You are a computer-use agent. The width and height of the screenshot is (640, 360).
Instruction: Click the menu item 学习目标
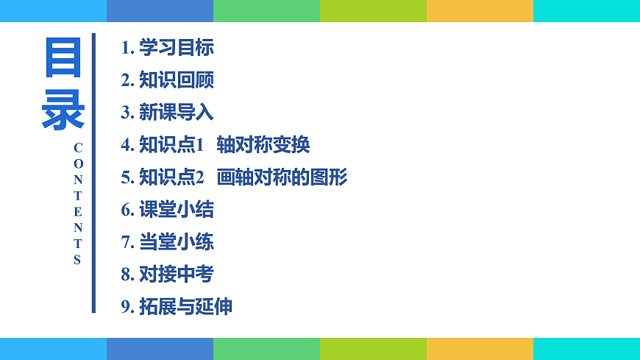177,49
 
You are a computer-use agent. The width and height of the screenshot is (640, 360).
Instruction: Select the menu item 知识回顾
177,80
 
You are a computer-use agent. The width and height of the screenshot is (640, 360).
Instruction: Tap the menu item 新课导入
177,113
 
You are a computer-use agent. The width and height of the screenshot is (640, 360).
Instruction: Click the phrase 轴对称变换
263,145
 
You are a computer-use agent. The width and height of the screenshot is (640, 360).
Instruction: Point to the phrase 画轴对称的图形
282,177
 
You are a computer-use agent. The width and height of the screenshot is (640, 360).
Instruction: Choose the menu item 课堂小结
177,210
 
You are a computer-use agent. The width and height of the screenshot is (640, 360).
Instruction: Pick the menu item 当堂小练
177,241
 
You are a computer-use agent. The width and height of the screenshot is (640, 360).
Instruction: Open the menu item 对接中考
177,275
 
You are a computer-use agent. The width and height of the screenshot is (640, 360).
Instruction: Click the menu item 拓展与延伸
186,307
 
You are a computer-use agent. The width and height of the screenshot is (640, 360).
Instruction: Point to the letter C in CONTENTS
78,147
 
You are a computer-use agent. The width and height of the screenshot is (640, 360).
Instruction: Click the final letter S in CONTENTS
77,260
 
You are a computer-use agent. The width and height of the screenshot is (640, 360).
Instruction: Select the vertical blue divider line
93,173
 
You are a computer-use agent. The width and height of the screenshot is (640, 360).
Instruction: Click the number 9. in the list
128,307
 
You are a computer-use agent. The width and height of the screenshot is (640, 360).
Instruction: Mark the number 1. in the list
128,49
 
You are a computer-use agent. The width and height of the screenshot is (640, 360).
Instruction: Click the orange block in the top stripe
480,10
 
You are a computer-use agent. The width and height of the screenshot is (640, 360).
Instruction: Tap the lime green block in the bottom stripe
373,349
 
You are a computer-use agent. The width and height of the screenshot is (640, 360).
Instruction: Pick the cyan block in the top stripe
586,10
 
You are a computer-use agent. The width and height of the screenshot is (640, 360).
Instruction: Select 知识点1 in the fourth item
171,145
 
